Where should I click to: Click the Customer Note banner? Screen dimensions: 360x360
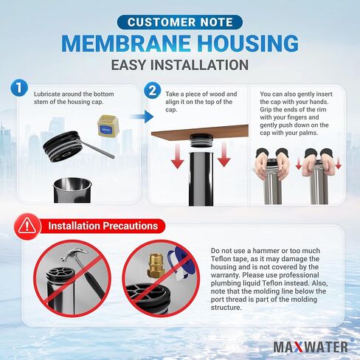click(179, 22)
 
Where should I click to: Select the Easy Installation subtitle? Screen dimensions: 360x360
click(179, 65)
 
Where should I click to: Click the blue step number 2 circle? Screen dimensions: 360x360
click(153, 91)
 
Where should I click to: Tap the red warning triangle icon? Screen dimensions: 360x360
click(27, 225)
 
